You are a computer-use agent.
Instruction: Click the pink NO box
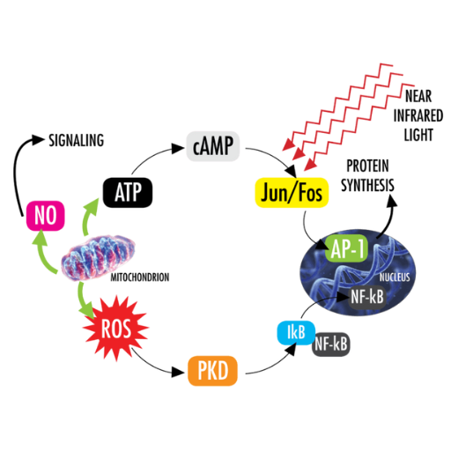pos(45,216)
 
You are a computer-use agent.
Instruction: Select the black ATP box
pos(128,193)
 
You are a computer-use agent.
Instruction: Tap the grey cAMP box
pos(213,146)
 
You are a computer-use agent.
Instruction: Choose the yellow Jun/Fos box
pos(292,193)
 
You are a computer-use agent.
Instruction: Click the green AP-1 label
pos(347,248)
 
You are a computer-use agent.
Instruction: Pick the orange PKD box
pos(212,371)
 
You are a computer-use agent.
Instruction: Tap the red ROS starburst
pos(116,329)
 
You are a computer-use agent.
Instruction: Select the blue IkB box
pos(296,333)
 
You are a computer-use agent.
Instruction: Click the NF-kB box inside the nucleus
pos(367,297)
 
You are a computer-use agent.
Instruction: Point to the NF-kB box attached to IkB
pos(331,344)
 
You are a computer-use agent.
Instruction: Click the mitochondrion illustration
pos(99,257)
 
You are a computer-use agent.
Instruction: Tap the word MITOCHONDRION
pos(140,277)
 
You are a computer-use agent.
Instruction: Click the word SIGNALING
pos(77,140)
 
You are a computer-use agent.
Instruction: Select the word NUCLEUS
pos(395,277)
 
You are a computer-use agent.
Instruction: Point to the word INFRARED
pos(418,115)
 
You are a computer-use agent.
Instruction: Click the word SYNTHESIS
pos(367,185)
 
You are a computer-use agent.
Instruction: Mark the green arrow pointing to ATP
pos(89,215)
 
